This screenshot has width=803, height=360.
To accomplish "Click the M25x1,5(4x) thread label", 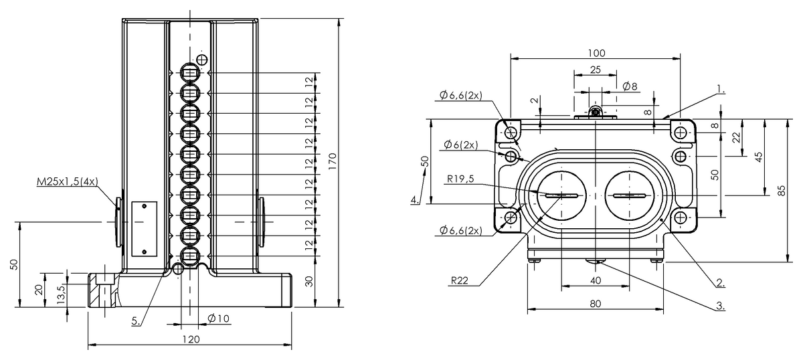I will point(66,181).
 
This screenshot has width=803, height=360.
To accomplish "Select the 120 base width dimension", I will point(191,339).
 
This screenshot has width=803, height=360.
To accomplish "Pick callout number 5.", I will point(136,321).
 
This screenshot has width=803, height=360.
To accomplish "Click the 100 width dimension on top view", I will point(596,52).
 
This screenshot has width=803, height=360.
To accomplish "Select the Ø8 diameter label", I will point(630,86).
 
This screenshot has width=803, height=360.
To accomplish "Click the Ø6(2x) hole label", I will point(460,145).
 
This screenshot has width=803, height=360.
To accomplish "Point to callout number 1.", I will point(721,88).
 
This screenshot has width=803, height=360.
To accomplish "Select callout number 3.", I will point(721,306).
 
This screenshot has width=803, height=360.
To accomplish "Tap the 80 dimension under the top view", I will point(596,303).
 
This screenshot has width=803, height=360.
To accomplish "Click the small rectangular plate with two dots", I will point(144,228).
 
